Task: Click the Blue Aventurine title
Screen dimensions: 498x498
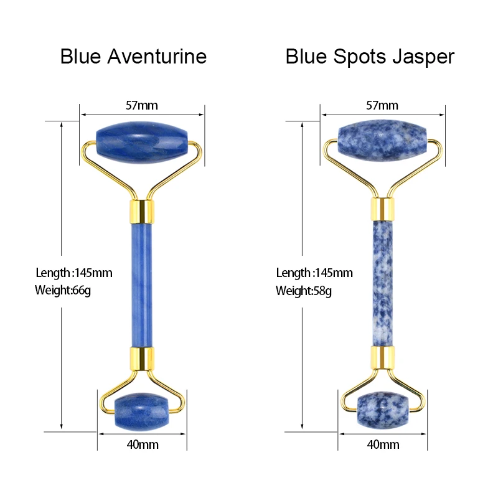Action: pyautogui.click(x=133, y=57)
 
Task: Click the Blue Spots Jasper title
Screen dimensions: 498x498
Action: pyautogui.click(x=370, y=57)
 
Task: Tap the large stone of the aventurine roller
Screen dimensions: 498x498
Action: pyautogui.click(x=142, y=144)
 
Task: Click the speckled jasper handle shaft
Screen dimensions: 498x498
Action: pyautogui.click(x=382, y=283)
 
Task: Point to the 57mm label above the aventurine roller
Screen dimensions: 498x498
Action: pyautogui.click(x=142, y=105)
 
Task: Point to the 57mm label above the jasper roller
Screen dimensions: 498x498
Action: pyautogui.click(x=382, y=105)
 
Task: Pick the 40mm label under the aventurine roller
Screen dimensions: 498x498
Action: pyautogui.click(x=142, y=444)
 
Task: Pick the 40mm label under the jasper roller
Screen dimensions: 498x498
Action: pyautogui.click(x=383, y=444)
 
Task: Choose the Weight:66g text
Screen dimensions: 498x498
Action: pyautogui.click(x=63, y=291)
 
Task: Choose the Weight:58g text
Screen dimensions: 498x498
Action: pyautogui.click(x=303, y=291)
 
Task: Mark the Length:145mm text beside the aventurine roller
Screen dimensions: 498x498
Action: pyautogui.click(x=73, y=273)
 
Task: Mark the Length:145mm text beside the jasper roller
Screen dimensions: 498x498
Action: pyautogui.click(x=314, y=273)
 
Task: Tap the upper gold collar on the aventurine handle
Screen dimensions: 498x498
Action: pyautogui.click(x=142, y=211)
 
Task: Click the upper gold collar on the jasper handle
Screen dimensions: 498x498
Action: pyautogui.click(x=382, y=209)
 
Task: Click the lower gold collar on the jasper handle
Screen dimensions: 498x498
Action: pyautogui.click(x=382, y=358)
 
